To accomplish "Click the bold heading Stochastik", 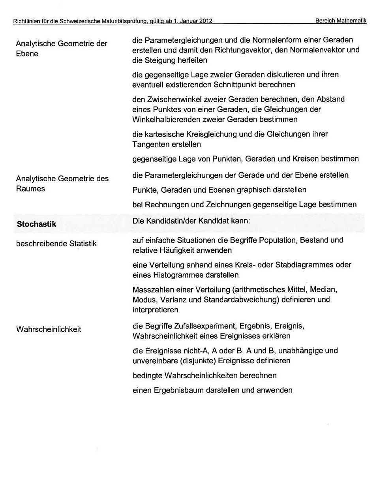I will [x=36, y=224].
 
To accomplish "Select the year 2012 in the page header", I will [x=205, y=21].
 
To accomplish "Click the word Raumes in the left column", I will [x=30, y=189].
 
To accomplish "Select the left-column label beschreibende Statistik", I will [x=56, y=244].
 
